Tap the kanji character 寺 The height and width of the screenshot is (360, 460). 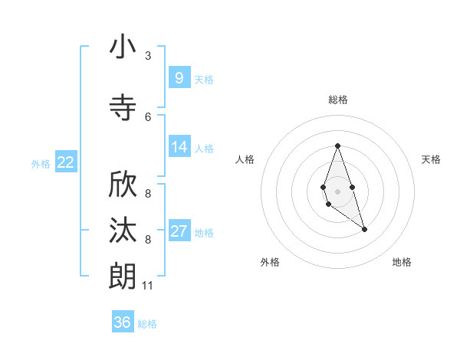pyautogui.click(x=123, y=107)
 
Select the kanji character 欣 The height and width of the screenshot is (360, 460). pyautogui.click(x=123, y=185)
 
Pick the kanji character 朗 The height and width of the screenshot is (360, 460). pyautogui.click(x=123, y=276)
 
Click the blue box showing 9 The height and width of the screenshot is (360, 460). pyautogui.click(x=179, y=77)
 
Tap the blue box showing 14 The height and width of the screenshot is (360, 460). pyautogui.click(x=179, y=147)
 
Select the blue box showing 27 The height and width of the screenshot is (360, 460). pyautogui.click(x=179, y=231)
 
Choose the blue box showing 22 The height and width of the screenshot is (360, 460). pyautogui.click(x=66, y=162)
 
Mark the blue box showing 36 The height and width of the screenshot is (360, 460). pyautogui.click(x=123, y=322)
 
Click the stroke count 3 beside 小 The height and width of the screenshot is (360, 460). pyautogui.click(x=148, y=56)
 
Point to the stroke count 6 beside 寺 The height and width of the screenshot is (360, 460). pyautogui.click(x=148, y=116)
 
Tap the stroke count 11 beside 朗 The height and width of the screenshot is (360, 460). pyautogui.click(x=148, y=286)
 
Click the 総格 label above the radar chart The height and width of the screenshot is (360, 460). pyautogui.click(x=337, y=100)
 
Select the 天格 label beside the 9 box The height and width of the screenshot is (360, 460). pyautogui.click(x=204, y=79)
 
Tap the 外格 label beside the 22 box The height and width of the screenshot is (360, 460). pyautogui.click(x=41, y=163)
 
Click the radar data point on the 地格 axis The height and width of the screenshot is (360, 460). pyautogui.click(x=364, y=229)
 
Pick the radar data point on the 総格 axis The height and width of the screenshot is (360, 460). pyautogui.click(x=337, y=146)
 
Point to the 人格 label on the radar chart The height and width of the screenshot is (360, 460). pyautogui.click(x=245, y=159)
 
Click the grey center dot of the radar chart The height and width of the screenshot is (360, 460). pyautogui.click(x=337, y=191)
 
